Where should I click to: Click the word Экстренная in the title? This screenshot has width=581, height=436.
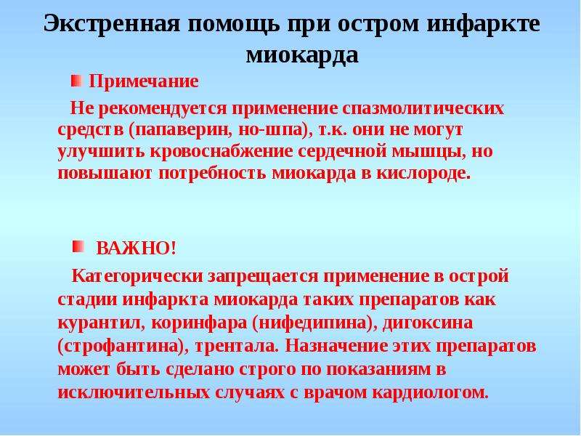pyautogui.click(x=112, y=25)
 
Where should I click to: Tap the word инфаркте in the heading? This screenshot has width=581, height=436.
pyautogui.click(x=483, y=25)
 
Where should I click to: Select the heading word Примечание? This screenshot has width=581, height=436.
pyautogui.click(x=144, y=81)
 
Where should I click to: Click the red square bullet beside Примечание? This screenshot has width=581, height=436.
pyautogui.click(x=76, y=81)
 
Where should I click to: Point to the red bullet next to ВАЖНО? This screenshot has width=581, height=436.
pyautogui.click(x=78, y=246)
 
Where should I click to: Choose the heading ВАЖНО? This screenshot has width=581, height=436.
pyautogui.click(x=136, y=248)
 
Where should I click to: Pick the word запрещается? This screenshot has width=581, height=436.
pyautogui.click(x=263, y=277)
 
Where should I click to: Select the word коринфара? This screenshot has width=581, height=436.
pyautogui.click(x=199, y=323)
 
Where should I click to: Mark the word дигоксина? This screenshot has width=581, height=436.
pyautogui.click(x=428, y=323)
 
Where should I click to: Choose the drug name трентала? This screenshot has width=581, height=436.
pyautogui.click(x=235, y=347)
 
